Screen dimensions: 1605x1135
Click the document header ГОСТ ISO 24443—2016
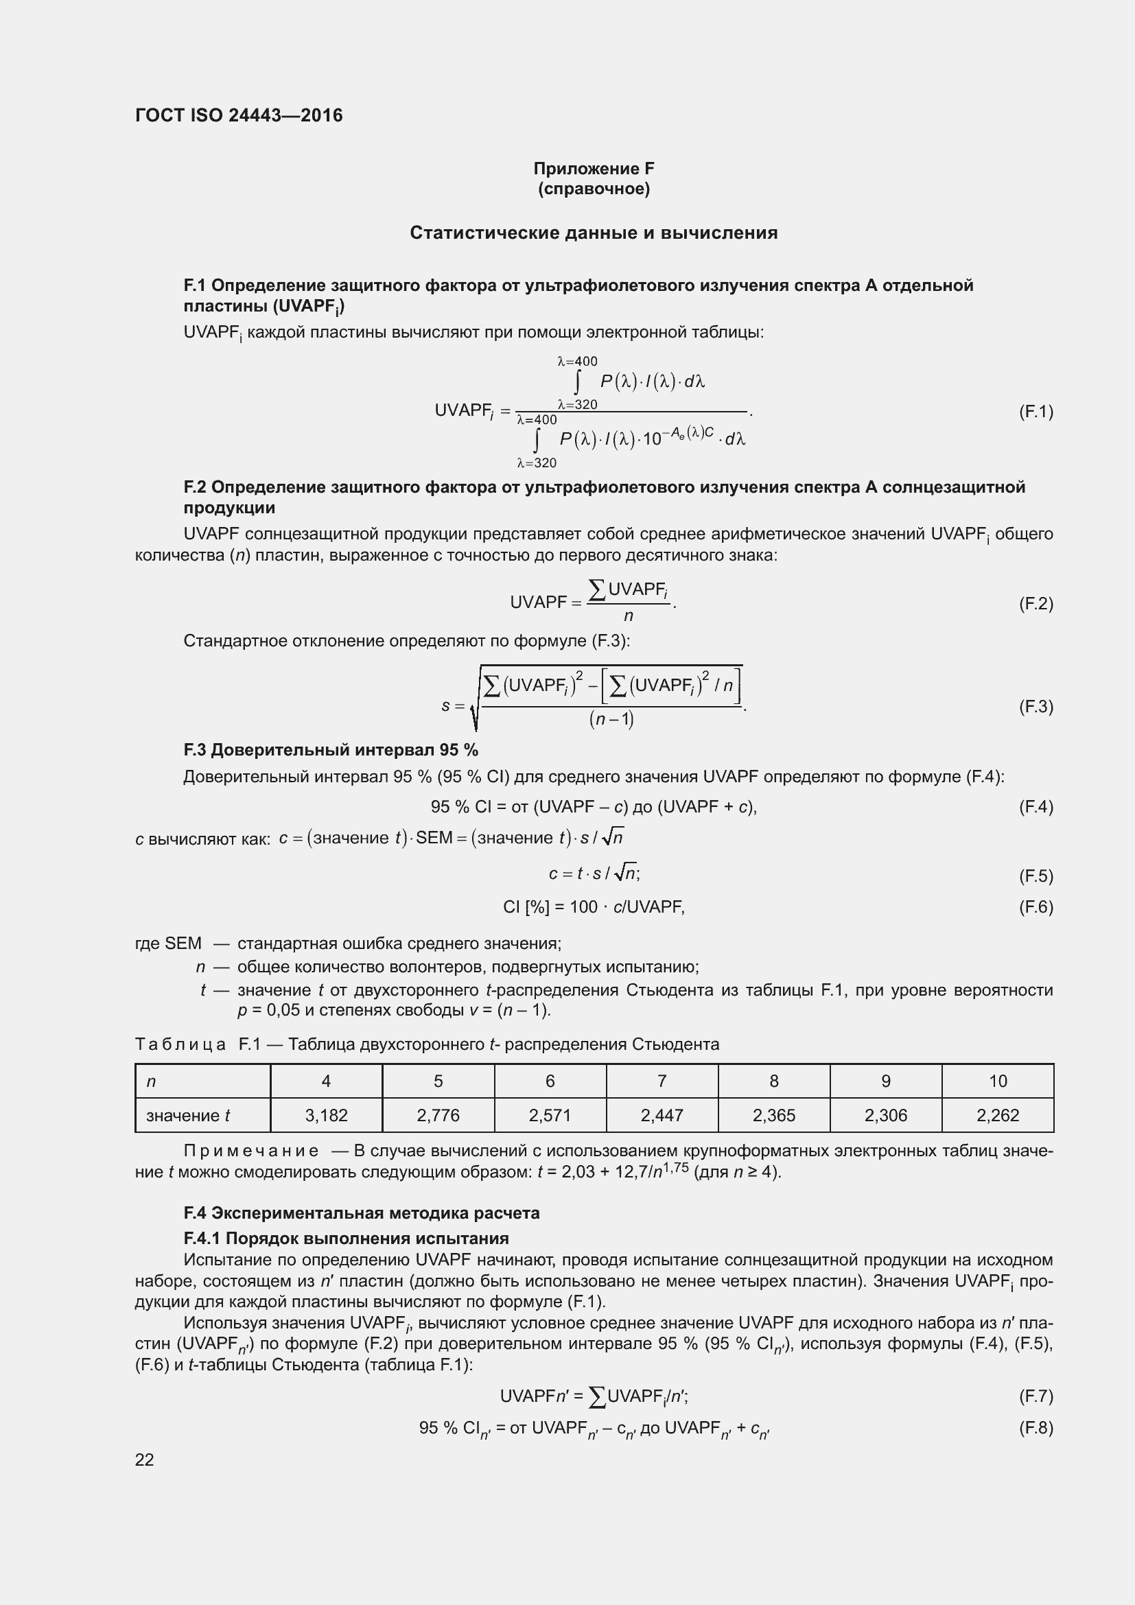239,115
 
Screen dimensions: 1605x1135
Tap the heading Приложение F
594,169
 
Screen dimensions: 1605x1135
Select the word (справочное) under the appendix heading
594,189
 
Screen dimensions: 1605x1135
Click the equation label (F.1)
1035,412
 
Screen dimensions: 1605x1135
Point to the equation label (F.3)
1035,706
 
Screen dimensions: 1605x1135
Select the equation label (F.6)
1035,907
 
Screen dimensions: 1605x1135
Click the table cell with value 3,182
326,1115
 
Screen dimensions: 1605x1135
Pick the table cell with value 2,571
550,1115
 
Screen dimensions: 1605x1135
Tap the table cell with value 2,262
997,1115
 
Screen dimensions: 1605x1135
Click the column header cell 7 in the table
661,1081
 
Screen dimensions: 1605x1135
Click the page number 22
145,1460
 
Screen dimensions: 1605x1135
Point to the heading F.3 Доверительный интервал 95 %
331,750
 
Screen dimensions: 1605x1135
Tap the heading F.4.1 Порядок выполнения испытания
346,1238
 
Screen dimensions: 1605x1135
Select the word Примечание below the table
251,1151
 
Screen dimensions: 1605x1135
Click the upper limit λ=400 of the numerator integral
577,362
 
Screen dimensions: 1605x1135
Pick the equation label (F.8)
1035,1427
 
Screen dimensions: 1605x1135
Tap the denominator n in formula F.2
629,615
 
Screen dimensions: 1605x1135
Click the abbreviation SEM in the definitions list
183,944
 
